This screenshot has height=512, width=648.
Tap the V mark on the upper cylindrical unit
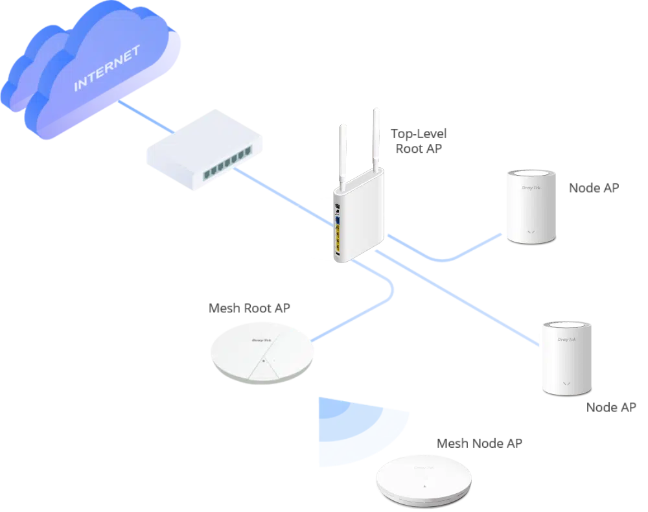[x=531, y=231]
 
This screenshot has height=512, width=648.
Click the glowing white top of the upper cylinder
[x=531, y=174]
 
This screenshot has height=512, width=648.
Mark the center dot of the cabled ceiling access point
[x=264, y=360]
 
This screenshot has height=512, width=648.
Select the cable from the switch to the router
[x=285, y=198]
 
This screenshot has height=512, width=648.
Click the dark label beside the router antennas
[x=420, y=139]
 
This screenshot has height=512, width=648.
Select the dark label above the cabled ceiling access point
[x=248, y=308]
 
